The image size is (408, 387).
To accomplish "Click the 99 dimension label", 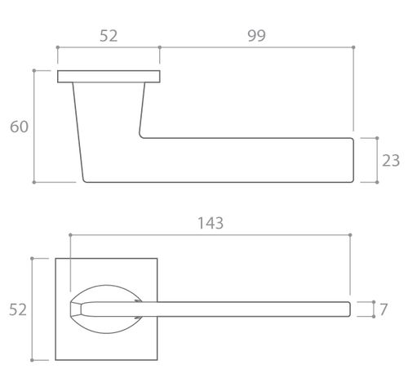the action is click(256, 36).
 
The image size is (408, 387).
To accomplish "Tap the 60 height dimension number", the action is click(19, 127).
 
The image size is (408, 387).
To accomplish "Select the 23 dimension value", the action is click(391, 160).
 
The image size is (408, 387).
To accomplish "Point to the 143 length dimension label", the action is click(211, 223).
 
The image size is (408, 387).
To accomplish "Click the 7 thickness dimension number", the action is click(384, 309).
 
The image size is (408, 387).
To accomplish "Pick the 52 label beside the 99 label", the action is click(109, 36).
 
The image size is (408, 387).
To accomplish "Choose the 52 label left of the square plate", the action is click(18, 309).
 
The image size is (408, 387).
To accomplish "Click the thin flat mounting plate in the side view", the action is click(109, 77).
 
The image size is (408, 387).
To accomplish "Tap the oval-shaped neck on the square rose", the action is click(106, 287).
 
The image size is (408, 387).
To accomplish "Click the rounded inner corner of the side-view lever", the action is click(140, 136).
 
